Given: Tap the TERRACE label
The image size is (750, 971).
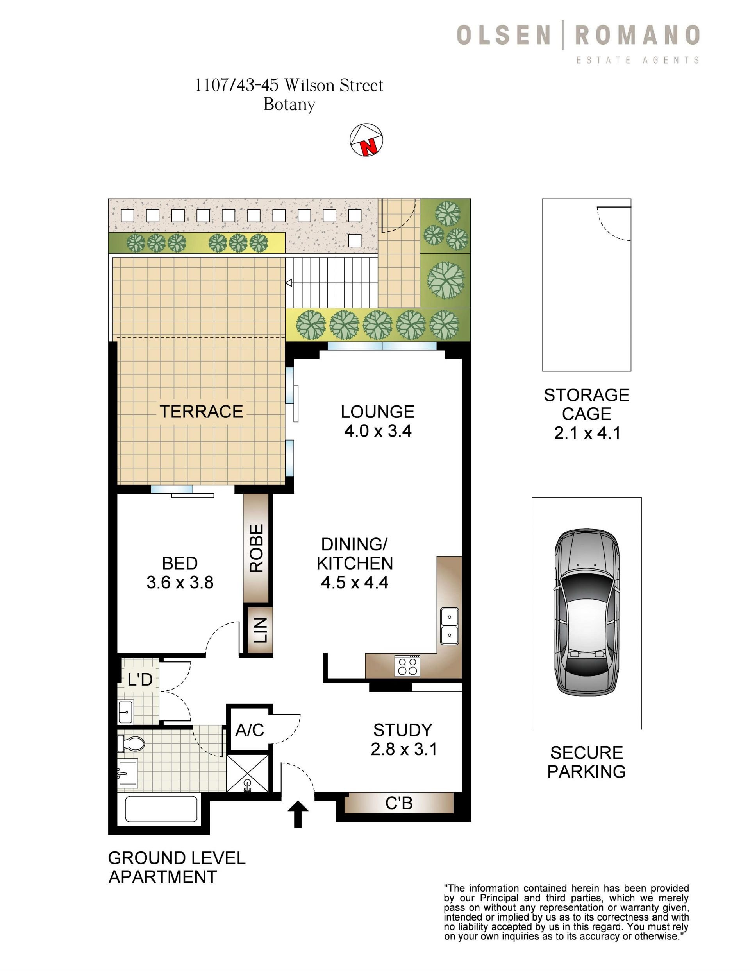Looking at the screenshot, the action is click(x=201, y=411).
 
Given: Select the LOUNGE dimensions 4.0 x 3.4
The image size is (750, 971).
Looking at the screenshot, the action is click(x=378, y=431).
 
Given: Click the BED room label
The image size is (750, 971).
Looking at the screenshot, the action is click(x=180, y=563).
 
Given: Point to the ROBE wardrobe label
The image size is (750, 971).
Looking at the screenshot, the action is click(x=257, y=548).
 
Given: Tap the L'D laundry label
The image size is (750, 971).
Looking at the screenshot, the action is click(x=140, y=679).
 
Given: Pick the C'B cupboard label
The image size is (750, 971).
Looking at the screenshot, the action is click(x=399, y=803).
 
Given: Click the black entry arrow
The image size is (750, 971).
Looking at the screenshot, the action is click(x=298, y=815).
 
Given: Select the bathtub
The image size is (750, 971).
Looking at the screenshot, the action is click(x=161, y=809).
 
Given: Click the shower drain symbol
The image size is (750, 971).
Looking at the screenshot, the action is click(x=248, y=786).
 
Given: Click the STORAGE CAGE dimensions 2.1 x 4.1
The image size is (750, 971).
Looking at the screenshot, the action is click(x=587, y=433).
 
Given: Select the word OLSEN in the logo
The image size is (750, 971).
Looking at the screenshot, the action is click(x=504, y=35).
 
